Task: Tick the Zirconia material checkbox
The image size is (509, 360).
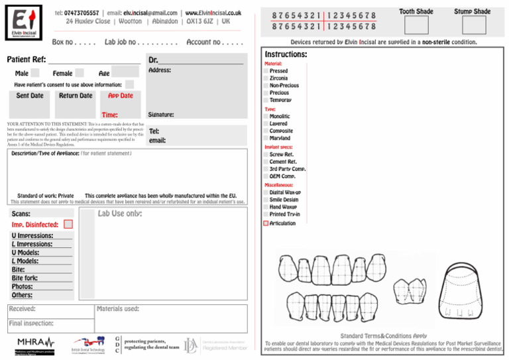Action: pyautogui.click(x=266, y=78)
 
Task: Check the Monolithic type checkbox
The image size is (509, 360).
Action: pyautogui.click(x=266, y=117)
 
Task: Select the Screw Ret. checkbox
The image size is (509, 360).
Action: pyautogui.click(x=266, y=154)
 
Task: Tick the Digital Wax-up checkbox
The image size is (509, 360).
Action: pyautogui.click(x=266, y=192)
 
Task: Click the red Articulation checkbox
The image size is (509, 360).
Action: pyautogui.click(x=266, y=223)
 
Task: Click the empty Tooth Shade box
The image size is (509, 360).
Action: pyautogui.click(x=416, y=25)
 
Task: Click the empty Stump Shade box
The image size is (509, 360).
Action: pyautogui.click(x=474, y=25)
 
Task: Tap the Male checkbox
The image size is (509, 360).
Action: pyautogui.click(x=35, y=73)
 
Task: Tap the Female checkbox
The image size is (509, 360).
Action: pyautogui.click(x=79, y=73)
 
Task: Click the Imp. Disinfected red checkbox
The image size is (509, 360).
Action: pyautogui.click(x=68, y=225)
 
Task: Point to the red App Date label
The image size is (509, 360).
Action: pyautogui.click(x=120, y=95)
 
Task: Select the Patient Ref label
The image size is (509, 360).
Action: pyautogui.click(x=26, y=60)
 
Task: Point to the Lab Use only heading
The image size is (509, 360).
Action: pyautogui.click(x=119, y=213)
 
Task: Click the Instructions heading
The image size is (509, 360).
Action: pyautogui.click(x=286, y=54)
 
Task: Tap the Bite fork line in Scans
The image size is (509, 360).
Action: pyautogui.click(x=25, y=278)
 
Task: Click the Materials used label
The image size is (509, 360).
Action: pyautogui.click(x=118, y=308)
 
